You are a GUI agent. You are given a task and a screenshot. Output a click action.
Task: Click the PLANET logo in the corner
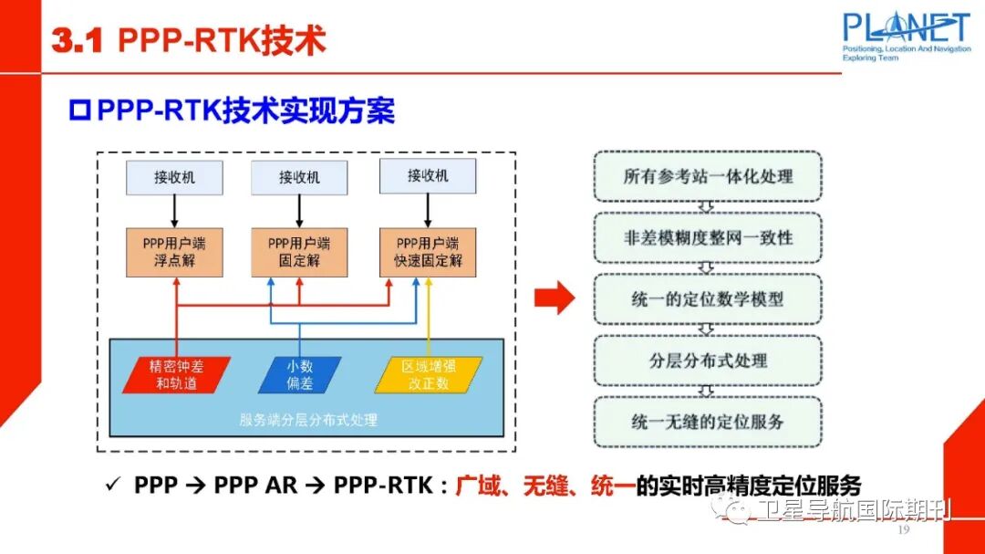[x=906, y=35]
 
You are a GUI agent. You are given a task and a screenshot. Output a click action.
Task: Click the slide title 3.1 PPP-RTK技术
[x=188, y=41]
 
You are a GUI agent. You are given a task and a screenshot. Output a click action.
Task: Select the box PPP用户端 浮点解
[x=173, y=253]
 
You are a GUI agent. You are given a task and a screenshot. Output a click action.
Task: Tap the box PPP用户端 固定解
[x=299, y=253]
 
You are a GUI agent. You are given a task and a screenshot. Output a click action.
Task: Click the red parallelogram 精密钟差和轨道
[x=176, y=375]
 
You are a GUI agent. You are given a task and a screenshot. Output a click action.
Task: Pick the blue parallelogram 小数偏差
[x=299, y=375]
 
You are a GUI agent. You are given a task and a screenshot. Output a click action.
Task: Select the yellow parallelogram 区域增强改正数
[x=429, y=375]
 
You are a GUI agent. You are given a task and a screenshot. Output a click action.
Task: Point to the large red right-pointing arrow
[x=554, y=298]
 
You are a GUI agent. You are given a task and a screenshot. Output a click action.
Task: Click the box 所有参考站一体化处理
[x=708, y=177]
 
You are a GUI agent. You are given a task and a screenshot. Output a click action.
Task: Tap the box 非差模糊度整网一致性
[x=708, y=238]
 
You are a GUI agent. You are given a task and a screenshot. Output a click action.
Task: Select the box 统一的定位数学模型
[x=708, y=299]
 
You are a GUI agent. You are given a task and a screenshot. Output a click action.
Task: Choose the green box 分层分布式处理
[x=708, y=361]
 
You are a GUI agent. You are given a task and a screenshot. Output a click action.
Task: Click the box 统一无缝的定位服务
[x=708, y=422]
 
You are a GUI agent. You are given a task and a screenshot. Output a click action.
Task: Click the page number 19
[x=904, y=531]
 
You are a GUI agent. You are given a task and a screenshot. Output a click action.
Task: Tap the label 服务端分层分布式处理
[x=307, y=420]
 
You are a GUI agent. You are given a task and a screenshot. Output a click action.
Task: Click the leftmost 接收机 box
[x=173, y=177]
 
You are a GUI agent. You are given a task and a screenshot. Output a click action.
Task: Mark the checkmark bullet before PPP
[x=114, y=486]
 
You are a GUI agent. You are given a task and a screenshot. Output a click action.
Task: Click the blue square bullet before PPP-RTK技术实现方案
[x=80, y=112]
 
